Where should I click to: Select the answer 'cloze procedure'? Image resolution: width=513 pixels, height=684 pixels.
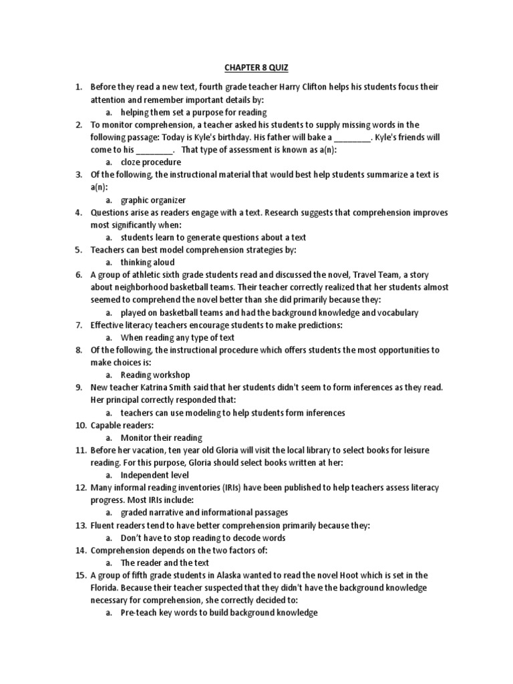[150, 162]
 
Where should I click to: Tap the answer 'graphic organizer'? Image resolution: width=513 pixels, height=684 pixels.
[153, 200]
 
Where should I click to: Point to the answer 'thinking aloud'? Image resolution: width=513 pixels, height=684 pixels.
[148, 263]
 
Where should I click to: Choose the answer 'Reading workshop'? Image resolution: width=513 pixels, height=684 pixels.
[155, 375]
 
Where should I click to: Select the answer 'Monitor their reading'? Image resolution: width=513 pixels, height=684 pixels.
[161, 438]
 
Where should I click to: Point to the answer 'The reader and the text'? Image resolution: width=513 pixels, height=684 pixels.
[164, 562]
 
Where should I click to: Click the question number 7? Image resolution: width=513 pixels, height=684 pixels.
[78, 325]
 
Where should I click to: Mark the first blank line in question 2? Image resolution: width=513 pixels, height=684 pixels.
[351, 138]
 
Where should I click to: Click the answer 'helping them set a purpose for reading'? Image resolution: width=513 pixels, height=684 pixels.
[194, 112]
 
